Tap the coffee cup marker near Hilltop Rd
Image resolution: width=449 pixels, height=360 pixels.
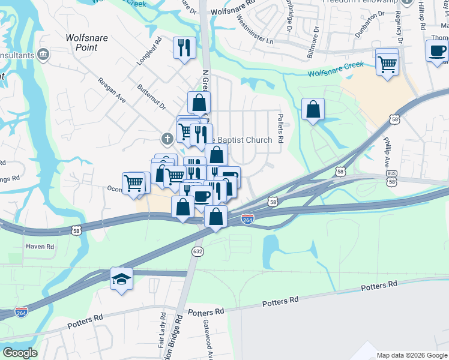coord(436,51)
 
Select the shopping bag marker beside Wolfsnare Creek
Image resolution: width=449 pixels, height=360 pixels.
coord(313,110)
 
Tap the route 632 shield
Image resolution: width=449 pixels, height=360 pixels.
coord(197,250)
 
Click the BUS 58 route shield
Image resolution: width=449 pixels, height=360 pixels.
coord(391,174)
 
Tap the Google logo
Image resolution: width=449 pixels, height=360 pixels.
coord(20,353)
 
